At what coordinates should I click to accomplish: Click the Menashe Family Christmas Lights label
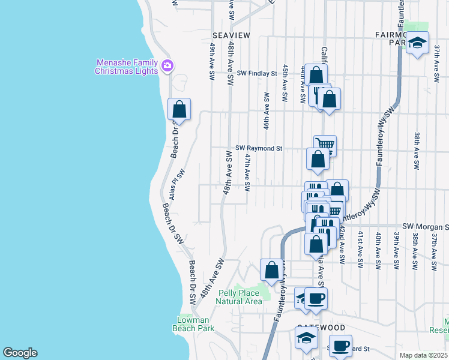(x=127, y=66)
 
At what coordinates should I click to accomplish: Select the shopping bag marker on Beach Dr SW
(x=179, y=109)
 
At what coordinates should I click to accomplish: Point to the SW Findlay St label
(x=256, y=73)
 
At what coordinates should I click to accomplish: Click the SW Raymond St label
(x=258, y=148)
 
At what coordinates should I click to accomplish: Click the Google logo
(x=20, y=353)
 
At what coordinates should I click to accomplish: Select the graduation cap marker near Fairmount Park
(x=417, y=43)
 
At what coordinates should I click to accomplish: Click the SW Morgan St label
(x=425, y=226)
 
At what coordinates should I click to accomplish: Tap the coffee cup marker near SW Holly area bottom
(x=341, y=346)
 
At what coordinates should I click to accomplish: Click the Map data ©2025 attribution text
(x=424, y=355)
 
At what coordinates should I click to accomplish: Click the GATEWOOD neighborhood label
(x=321, y=328)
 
